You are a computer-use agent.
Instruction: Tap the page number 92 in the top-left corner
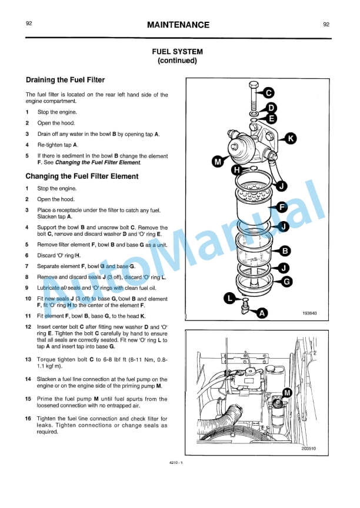[29, 24]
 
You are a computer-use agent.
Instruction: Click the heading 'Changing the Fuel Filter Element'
[82, 176]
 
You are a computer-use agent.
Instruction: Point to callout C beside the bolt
[267, 93]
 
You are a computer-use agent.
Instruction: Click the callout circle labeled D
[271, 108]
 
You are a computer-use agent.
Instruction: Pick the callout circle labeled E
[271, 118]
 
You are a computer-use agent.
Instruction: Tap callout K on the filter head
[291, 138]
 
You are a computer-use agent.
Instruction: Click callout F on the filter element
[281, 207]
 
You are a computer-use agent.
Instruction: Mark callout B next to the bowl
[285, 252]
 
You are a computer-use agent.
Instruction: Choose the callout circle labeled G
[286, 282]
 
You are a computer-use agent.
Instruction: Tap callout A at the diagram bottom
[262, 313]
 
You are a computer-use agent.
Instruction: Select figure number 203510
[308, 449]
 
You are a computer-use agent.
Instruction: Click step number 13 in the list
[28, 359]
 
